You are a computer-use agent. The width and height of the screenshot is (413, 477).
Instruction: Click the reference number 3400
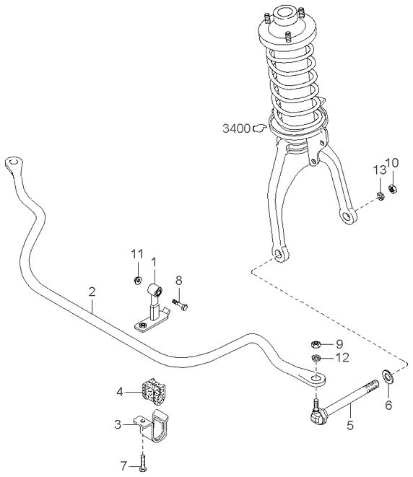pyautogui.click(x=236, y=128)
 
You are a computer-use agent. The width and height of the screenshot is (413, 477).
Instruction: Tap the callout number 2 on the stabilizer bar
pyautogui.click(x=92, y=292)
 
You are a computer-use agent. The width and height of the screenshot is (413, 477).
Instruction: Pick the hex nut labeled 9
pyautogui.click(x=316, y=344)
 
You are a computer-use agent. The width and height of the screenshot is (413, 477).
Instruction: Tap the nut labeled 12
pyautogui.click(x=316, y=358)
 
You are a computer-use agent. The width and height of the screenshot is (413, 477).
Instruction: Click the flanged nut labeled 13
pyautogui.click(x=381, y=196)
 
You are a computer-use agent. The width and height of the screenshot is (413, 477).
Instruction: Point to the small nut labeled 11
pyautogui.click(x=138, y=280)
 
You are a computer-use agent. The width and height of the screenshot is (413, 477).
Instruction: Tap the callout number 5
pyautogui.click(x=350, y=425)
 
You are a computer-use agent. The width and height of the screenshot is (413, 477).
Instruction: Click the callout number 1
pyautogui.click(x=154, y=262)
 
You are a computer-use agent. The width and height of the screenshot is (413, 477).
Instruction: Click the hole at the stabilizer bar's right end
pyautogui.click(x=316, y=379)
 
